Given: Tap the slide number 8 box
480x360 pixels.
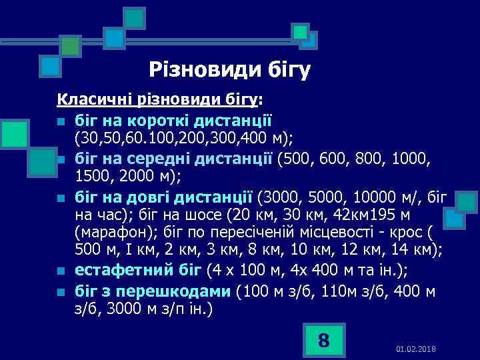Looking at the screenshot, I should coord(323,341).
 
